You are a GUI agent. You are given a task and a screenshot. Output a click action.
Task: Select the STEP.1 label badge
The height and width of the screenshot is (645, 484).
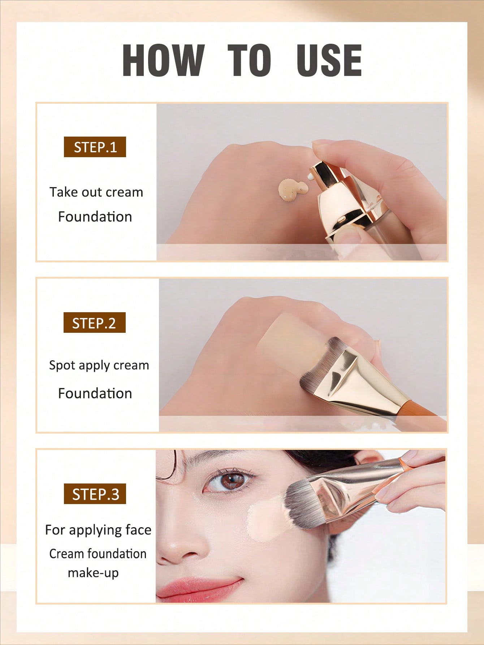(95, 147)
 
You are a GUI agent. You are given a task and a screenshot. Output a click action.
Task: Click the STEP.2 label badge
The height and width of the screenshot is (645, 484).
(94, 323)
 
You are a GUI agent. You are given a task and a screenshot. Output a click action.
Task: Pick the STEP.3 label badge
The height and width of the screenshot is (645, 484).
(95, 494)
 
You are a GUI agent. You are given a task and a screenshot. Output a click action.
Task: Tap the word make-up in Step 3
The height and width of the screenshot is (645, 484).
(93, 573)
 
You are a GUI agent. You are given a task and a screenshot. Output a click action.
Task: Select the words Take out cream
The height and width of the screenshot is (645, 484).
(96, 192)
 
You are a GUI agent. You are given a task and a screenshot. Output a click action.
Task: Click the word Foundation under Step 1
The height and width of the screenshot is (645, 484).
(95, 216)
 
